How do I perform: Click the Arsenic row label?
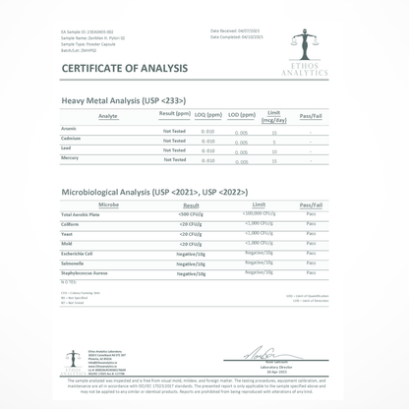point(70,128)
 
